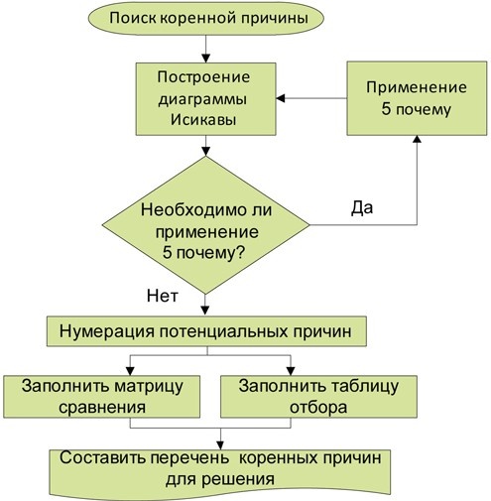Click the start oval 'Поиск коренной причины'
point(205,19)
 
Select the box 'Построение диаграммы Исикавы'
point(205,99)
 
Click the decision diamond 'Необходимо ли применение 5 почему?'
point(205,230)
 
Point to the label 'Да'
point(362,208)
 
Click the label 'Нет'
point(162,294)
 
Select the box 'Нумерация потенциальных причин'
point(205,330)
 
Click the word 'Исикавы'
point(205,122)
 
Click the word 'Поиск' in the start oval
point(132,19)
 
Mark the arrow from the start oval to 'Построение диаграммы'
point(205,48)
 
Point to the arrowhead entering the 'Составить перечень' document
point(219,442)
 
